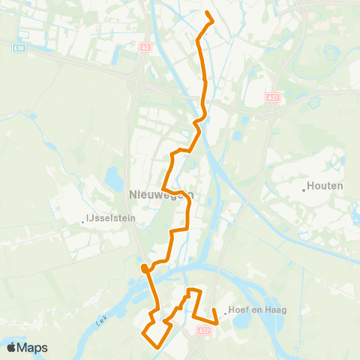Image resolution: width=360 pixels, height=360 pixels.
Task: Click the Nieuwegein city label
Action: tap(157, 194)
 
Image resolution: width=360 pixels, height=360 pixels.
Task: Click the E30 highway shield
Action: tap(18, 46)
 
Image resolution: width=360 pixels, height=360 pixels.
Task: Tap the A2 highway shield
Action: tap(145, 46)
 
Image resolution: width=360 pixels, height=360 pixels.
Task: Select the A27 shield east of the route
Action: tap(273, 97)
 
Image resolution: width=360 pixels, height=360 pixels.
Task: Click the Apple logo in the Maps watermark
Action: tap(11, 347)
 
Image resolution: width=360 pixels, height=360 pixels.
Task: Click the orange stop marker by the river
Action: tap(144, 268)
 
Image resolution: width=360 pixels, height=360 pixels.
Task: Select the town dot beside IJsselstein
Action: tap(83, 221)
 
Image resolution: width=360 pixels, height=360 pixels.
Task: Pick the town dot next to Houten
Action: tap(304, 190)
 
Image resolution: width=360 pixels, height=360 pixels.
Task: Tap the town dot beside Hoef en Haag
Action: tap(225, 313)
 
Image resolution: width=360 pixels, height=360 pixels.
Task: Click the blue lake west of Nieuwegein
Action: tap(113, 178)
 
